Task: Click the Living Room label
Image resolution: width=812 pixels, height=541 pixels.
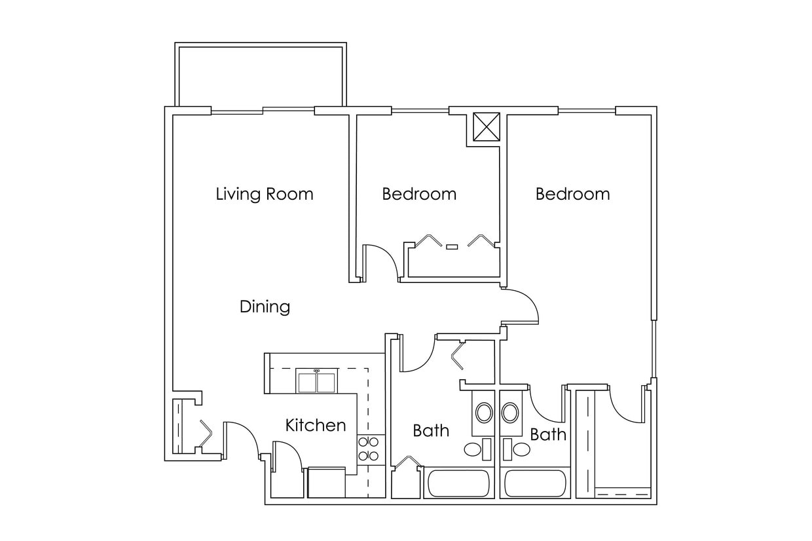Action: tap(265, 194)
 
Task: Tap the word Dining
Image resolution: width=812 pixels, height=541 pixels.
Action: tap(265, 307)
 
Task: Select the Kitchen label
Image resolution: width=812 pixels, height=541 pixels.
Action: tap(315, 425)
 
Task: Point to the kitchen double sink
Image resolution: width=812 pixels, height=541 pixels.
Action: tap(317, 381)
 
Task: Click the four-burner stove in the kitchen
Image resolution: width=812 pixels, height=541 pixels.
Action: tap(368, 449)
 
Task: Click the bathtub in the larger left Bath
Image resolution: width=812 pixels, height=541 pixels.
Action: tap(458, 485)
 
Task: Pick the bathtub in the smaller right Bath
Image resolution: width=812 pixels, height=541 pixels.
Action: tap(535, 485)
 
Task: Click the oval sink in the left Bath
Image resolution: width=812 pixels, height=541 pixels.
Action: tap(484, 413)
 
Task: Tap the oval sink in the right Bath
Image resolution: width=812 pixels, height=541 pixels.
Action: tap(510, 413)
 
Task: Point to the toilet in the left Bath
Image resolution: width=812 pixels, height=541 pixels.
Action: tap(475, 449)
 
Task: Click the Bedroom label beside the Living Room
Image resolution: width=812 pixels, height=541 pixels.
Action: tap(419, 194)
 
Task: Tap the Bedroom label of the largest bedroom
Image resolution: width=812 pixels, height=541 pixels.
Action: tap(572, 194)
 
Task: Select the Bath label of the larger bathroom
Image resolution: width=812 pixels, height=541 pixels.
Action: tap(431, 430)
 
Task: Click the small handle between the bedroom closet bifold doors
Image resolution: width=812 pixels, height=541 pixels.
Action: tap(452, 247)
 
